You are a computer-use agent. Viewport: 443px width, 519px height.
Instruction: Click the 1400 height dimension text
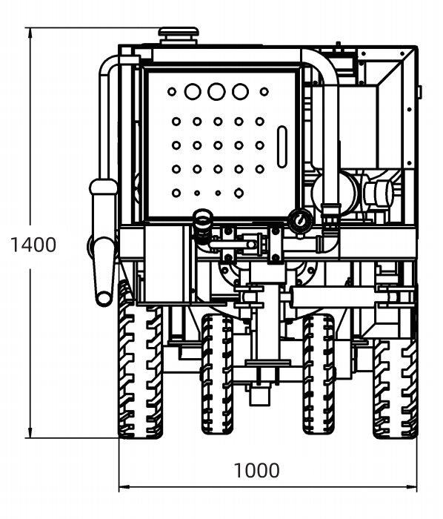[33, 245]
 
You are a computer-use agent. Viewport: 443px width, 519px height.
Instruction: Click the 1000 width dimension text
[256, 470]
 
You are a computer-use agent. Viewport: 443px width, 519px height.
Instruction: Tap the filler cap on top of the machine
[179, 35]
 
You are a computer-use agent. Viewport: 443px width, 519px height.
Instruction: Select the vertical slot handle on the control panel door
[282, 147]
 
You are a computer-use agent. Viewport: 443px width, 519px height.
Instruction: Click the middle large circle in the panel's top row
[216, 91]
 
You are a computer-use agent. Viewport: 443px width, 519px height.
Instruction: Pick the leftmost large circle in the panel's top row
[193, 91]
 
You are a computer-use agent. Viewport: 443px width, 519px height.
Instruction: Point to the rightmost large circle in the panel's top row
[240, 91]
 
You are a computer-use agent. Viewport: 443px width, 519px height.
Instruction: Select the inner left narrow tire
[217, 374]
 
